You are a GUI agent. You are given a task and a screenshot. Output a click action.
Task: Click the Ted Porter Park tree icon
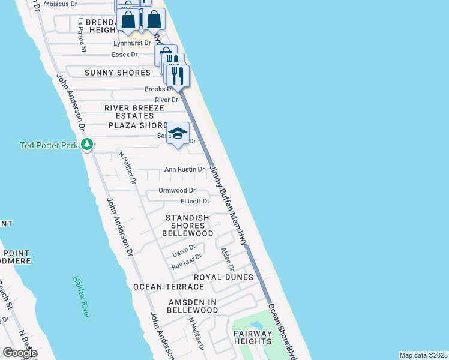(x=87, y=145)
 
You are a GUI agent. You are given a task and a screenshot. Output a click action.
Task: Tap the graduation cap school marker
(x=178, y=133)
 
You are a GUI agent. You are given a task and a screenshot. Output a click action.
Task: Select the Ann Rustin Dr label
(x=185, y=170)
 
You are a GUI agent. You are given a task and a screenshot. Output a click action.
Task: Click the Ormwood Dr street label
(x=177, y=190)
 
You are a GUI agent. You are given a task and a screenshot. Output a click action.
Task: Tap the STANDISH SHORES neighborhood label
(x=187, y=221)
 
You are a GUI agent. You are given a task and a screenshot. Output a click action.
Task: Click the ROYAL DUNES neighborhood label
(x=223, y=277)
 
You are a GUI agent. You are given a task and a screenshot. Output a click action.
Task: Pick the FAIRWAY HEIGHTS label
(x=253, y=337)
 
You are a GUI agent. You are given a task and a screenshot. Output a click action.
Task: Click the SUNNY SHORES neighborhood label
(x=117, y=73)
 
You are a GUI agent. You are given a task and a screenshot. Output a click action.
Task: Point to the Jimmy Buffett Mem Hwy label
(x=229, y=205)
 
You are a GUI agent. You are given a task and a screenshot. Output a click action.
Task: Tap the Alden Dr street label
(x=227, y=259)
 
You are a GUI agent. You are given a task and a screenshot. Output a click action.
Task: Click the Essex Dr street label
(x=125, y=55)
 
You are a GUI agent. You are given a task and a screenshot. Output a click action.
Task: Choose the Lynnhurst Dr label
(x=132, y=44)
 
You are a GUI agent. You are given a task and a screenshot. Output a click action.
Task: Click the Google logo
(x=20, y=353)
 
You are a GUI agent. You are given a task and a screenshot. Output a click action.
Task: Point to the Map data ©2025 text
(x=423, y=355)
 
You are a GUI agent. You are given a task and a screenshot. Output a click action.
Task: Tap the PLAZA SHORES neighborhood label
(x=137, y=125)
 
